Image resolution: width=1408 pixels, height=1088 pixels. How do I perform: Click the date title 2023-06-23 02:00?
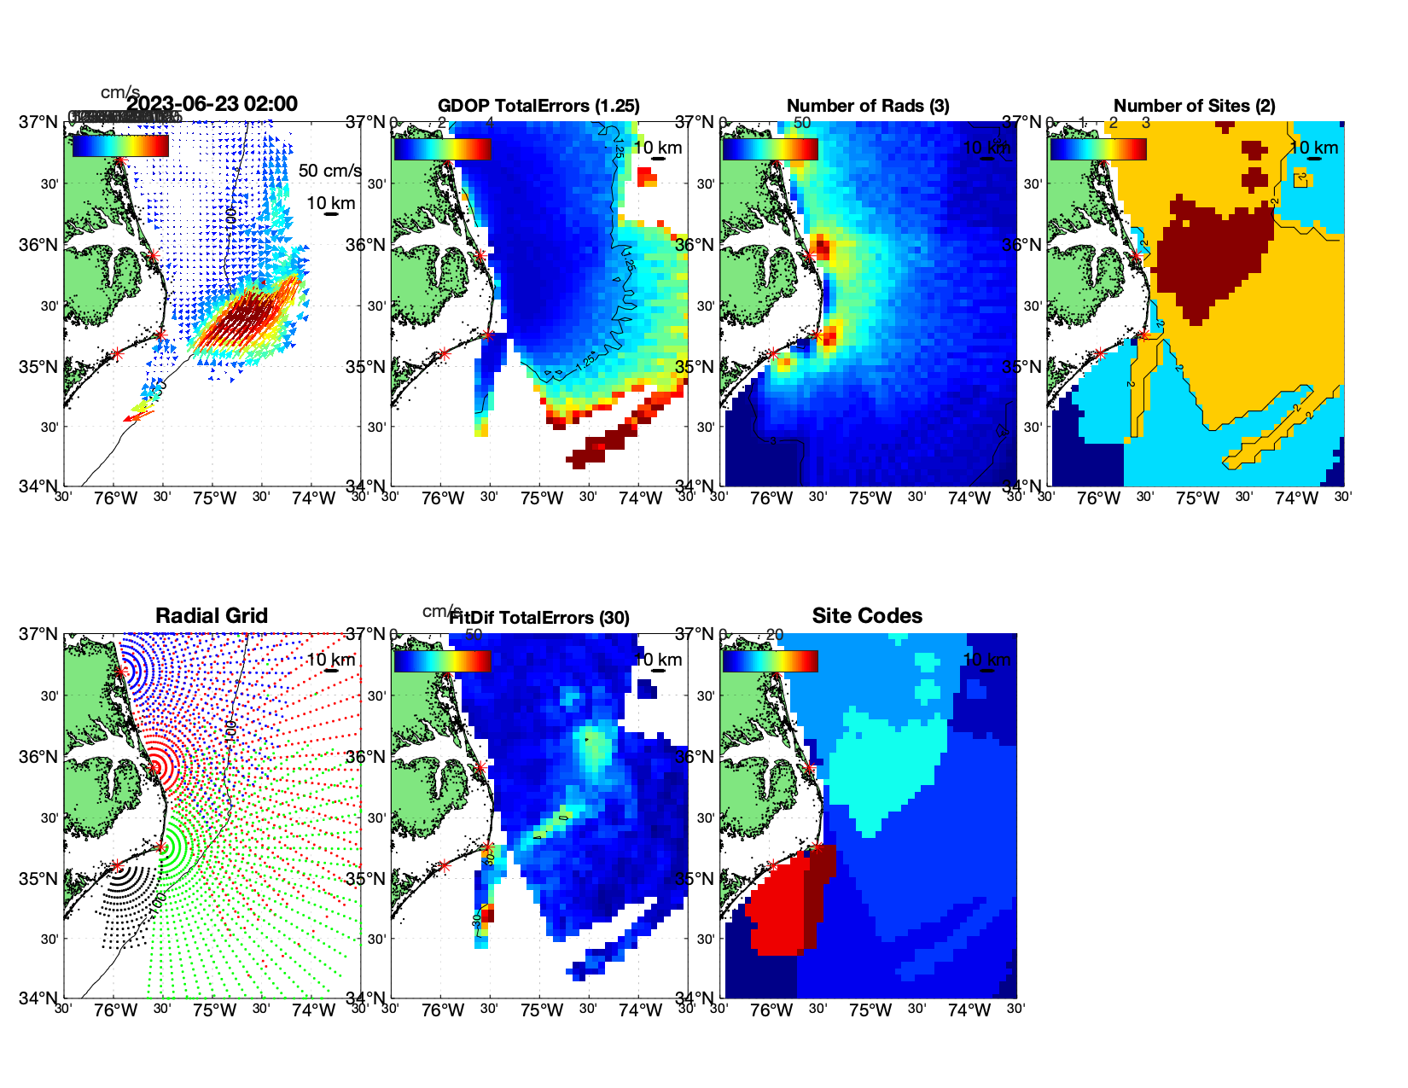[212, 104]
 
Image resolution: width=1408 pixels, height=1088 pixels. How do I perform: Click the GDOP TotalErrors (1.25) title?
[538, 106]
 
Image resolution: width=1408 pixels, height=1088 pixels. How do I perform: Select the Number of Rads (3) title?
[867, 106]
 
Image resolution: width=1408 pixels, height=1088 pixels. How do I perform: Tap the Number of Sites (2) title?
[1194, 106]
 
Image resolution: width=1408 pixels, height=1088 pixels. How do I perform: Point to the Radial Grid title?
[212, 616]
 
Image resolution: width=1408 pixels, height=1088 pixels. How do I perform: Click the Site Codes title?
[867, 616]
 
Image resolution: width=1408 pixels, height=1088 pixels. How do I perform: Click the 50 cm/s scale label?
[329, 171]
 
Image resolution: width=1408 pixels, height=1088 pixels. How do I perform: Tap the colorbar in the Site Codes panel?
[770, 660]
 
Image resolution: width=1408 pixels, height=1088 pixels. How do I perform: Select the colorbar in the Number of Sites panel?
[1098, 148]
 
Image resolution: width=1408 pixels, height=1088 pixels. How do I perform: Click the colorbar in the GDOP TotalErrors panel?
[442, 148]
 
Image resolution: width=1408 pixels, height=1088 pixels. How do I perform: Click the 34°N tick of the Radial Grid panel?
[38, 998]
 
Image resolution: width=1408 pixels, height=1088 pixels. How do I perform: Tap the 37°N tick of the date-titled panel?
[38, 122]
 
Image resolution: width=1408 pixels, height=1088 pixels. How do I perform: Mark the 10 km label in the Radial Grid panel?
[330, 660]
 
